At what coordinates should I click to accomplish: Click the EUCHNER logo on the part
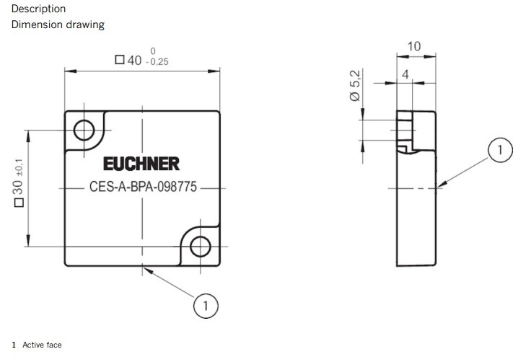pyautogui.click(x=141, y=164)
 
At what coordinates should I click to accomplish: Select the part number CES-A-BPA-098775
pyautogui.click(x=143, y=187)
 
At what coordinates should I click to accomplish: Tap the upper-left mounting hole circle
pyautogui.click(x=84, y=130)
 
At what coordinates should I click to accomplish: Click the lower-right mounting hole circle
pyautogui.click(x=201, y=246)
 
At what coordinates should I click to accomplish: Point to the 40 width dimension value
pyautogui.click(x=134, y=61)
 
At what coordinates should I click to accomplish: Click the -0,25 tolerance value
pyautogui.click(x=157, y=62)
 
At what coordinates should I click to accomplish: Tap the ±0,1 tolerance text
pyautogui.click(x=19, y=167)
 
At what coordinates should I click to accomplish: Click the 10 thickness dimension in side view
pyautogui.click(x=414, y=46)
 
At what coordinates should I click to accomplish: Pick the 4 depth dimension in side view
pyautogui.click(x=405, y=74)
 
